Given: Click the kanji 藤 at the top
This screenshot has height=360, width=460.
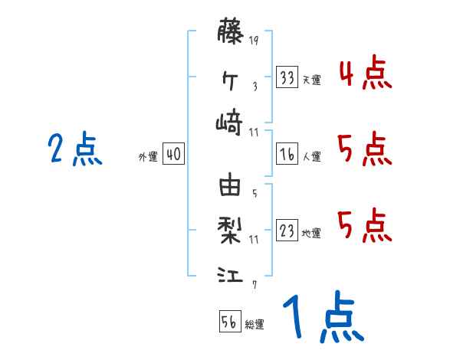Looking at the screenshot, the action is pos(231,33).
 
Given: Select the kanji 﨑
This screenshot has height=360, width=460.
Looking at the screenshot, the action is pos(231,122).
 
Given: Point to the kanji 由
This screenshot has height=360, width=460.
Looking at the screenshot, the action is pos(231,185).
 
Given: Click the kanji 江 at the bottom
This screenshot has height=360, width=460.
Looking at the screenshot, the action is pos(231,273).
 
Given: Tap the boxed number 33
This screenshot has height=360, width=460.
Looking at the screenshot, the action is pos(287,78).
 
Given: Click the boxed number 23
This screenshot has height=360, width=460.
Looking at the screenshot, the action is pos(287,231).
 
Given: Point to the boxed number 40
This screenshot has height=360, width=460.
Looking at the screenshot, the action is pos(173,155).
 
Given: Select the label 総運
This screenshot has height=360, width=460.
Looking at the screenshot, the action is pos(255,324).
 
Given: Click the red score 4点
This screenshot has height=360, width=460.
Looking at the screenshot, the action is pos(364,74).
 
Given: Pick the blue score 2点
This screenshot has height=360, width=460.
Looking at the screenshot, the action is pos(74,149).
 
